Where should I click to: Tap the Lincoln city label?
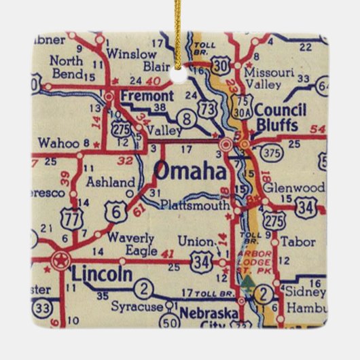102,274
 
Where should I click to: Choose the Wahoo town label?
59,143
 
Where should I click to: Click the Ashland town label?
111,182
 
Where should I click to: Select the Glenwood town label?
293,187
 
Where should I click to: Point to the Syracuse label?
141,307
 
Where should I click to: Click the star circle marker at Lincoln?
60,259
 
